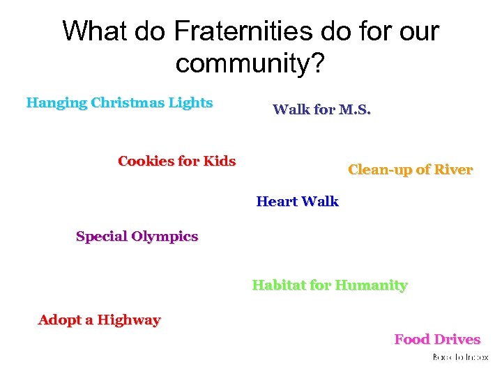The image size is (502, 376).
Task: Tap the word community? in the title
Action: click(x=250, y=63)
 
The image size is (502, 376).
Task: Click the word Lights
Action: click(x=192, y=103)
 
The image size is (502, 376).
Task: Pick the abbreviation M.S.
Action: click(x=354, y=109)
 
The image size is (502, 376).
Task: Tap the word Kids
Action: click(x=219, y=162)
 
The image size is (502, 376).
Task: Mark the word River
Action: click(x=453, y=170)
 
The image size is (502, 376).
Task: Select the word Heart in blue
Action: click(x=276, y=202)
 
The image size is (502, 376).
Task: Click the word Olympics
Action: click(x=165, y=237)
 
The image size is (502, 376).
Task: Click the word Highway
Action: click(x=129, y=320)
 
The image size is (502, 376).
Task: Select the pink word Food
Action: click(x=411, y=340)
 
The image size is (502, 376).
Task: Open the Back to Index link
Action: click(x=460, y=357)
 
